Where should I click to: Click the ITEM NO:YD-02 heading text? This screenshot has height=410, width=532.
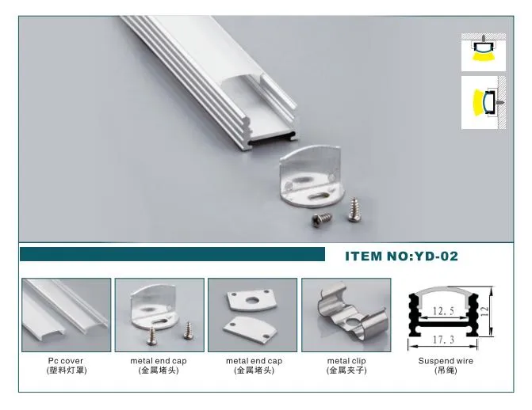[401, 256]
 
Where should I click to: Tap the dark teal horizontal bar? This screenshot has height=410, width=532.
[172, 254]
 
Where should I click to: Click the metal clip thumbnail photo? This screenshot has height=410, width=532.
[346, 314]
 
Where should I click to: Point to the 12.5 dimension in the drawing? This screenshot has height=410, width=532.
[445, 311]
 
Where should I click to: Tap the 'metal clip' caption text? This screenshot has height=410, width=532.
[346, 361]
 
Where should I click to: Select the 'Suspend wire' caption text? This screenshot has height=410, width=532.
[445, 361]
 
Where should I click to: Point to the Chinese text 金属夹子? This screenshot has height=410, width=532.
[346, 370]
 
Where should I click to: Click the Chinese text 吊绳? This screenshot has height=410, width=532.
[445, 370]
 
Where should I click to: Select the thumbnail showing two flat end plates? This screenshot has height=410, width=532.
[252, 314]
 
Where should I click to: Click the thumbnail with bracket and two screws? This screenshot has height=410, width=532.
[159, 314]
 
